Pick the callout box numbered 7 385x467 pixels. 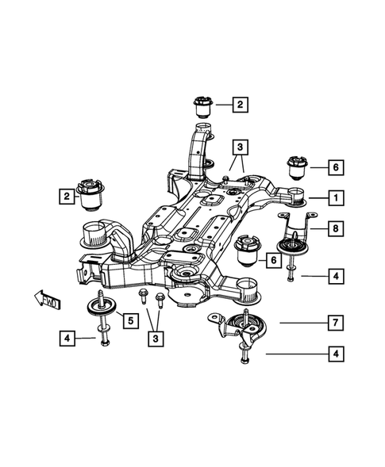click(336, 323)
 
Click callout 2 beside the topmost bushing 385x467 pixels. click(239, 103)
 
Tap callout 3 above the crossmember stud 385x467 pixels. click(239, 147)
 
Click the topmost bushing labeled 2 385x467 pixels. click(203, 106)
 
